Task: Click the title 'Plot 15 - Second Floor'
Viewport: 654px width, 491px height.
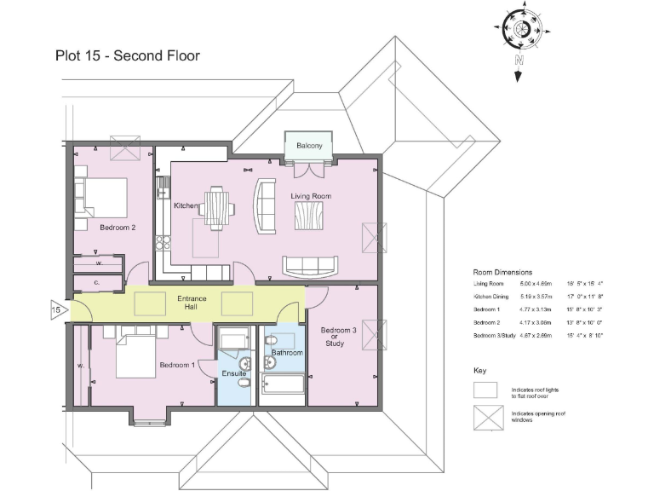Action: click(x=127, y=56)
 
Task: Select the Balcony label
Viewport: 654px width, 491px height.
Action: click(x=309, y=146)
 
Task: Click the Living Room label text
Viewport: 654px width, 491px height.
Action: click(x=310, y=196)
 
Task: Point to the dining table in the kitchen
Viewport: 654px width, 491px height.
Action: click(x=218, y=205)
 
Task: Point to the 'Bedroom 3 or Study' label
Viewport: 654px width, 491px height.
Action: click(x=338, y=337)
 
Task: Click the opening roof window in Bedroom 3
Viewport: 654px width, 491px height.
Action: click(x=374, y=330)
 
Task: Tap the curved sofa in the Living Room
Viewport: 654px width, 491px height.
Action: click(x=267, y=206)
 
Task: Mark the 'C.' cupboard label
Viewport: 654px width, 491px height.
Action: click(x=97, y=282)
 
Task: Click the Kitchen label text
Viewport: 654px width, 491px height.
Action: click(x=186, y=206)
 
